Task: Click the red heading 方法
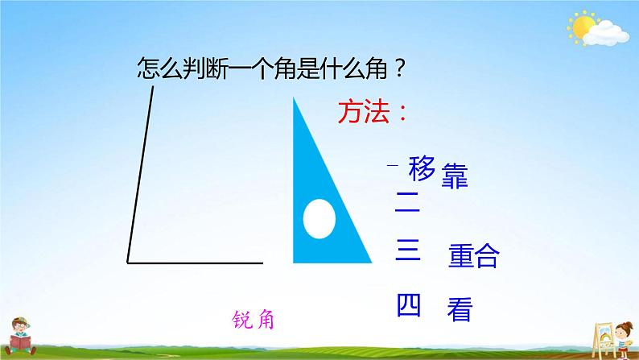(364, 112)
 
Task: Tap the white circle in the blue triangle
(319, 219)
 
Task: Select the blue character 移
(422, 168)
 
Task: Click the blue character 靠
(455, 176)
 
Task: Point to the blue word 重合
(473, 255)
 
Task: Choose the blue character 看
(460, 309)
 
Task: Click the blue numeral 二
(407, 202)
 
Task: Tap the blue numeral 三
(407, 250)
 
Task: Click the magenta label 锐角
(253, 320)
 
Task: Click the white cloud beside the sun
(606, 33)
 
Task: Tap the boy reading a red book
(20, 337)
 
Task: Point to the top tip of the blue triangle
(294, 97)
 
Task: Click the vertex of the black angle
(128, 263)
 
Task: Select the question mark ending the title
(400, 68)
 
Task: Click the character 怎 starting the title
(148, 68)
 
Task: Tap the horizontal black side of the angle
(196, 263)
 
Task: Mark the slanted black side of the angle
(141, 174)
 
